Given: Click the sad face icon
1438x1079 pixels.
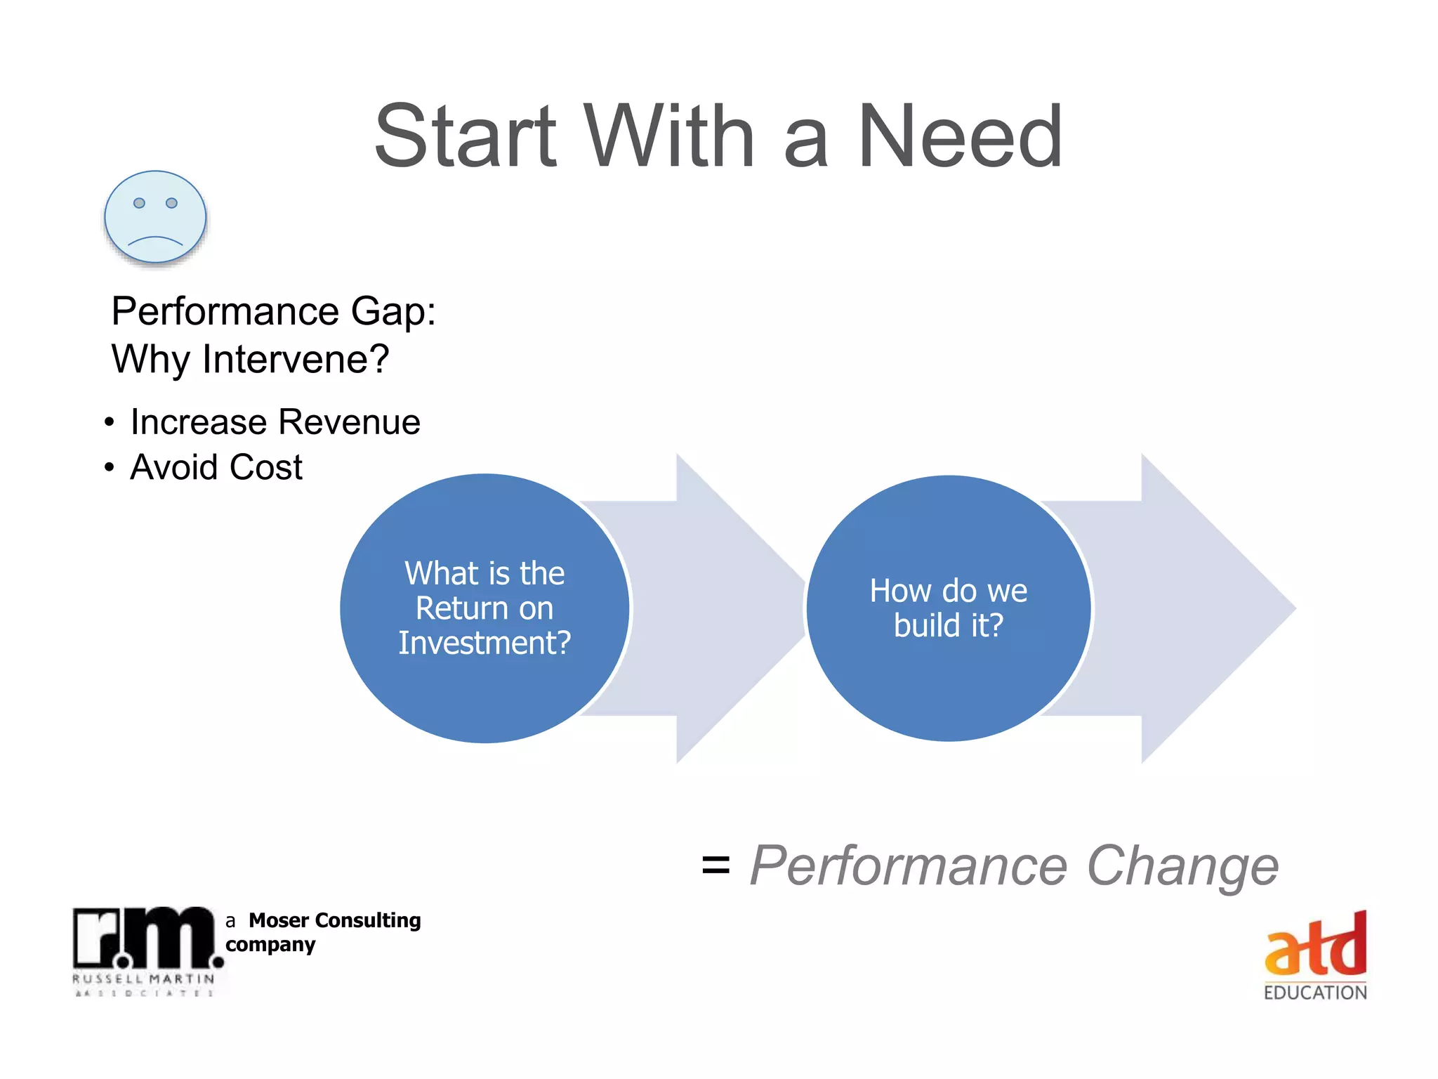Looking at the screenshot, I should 155,216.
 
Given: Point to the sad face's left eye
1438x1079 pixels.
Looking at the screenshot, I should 139,203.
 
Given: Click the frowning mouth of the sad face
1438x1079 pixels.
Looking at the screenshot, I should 155,241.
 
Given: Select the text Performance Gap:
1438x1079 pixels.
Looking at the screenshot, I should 273,311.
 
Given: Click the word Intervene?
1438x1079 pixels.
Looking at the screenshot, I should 295,359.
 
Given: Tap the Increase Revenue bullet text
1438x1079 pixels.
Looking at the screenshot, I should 275,422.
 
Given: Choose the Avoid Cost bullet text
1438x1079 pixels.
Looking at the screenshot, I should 216,467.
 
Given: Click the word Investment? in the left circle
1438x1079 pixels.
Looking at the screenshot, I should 484,643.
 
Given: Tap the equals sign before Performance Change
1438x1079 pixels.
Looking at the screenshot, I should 715,865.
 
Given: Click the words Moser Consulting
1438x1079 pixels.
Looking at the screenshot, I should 334,920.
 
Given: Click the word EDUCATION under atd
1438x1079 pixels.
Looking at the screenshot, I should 1315,993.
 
